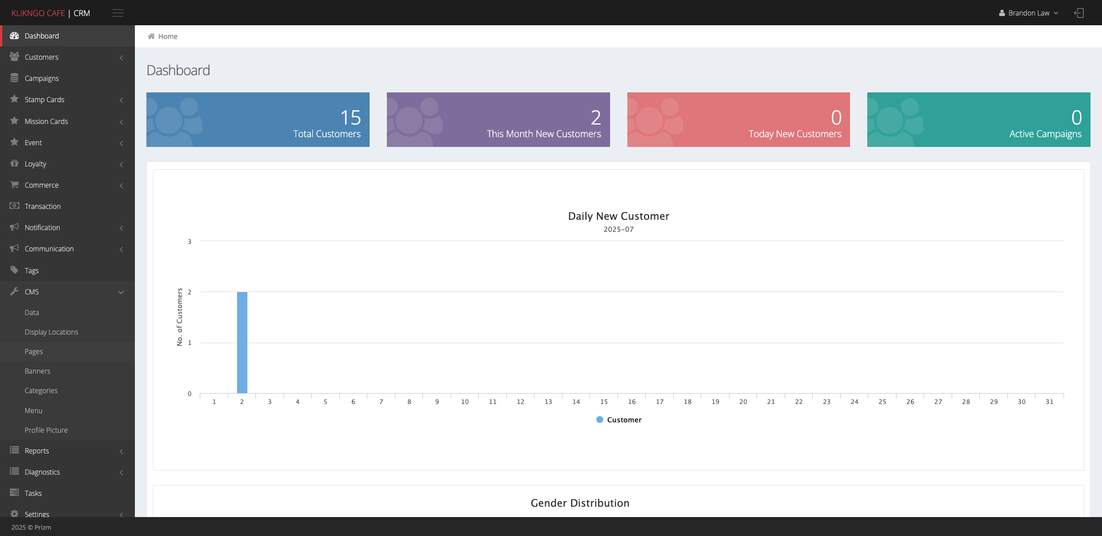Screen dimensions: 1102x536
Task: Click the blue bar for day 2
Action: coord(242,343)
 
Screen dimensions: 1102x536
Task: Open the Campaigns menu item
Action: coord(41,79)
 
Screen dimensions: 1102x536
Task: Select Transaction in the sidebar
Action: coord(42,207)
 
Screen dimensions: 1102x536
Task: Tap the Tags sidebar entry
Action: coord(32,271)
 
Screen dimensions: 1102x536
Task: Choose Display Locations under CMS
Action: coord(51,332)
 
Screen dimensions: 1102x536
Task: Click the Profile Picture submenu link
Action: coord(46,430)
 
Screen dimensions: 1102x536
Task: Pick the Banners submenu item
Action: coord(37,371)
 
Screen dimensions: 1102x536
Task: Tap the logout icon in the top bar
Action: coord(1079,13)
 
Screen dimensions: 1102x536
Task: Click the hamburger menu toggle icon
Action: coord(118,13)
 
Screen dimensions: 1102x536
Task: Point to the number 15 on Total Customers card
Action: coord(351,118)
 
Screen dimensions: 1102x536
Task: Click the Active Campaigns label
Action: coord(1045,134)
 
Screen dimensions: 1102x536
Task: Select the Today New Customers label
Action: coord(795,134)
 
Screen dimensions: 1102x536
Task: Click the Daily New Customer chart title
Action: coord(619,216)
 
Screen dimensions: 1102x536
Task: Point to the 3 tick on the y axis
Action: coord(189,242)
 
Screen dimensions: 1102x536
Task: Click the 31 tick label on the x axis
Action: coord(1049,402)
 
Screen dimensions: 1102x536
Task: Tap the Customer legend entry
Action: coord(619,420)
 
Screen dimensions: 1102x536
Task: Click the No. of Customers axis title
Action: coord(180,317)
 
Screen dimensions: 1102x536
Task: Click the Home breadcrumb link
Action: coord(168,37)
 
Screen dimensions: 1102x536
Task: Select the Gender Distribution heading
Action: coord(580,503)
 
